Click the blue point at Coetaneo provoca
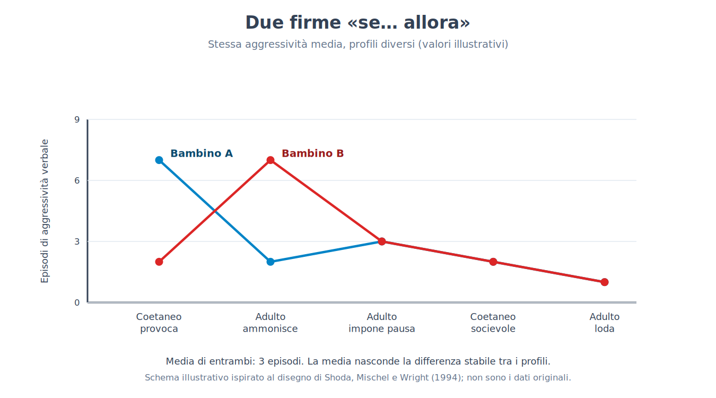pos(159,160)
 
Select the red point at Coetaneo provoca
pos(159,262)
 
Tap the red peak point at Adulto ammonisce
pos(270,160)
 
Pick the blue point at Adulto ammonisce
pos(270,262)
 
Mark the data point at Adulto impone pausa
pos(382,241)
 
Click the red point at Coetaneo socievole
pos(493,262)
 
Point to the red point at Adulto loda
pos(605,282)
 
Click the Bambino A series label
pos(202,153)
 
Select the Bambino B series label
pos(312,153)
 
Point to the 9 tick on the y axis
pos(77,119)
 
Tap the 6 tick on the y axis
pos(77,180)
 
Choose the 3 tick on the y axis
pos(77,241)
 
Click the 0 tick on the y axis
pos(77,302)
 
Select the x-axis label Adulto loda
pos(605,323)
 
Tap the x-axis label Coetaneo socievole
pos(493,323)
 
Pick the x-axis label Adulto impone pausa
pos(382,323)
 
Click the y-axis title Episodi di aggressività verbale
pos(45,211)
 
